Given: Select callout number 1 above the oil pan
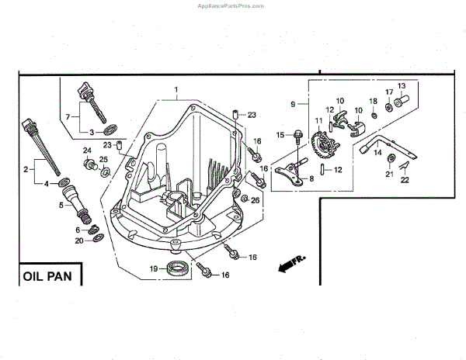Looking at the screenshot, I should (x=176, y=90).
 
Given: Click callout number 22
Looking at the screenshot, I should (x=405, y=180).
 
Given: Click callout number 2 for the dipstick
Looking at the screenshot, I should (x=26, y=168).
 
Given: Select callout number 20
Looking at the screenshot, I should (x=79, y=241).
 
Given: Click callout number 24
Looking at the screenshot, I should (x=88, y=151).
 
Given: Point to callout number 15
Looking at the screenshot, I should (x=281, y=135).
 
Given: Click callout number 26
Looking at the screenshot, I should (x=256, y=200).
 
